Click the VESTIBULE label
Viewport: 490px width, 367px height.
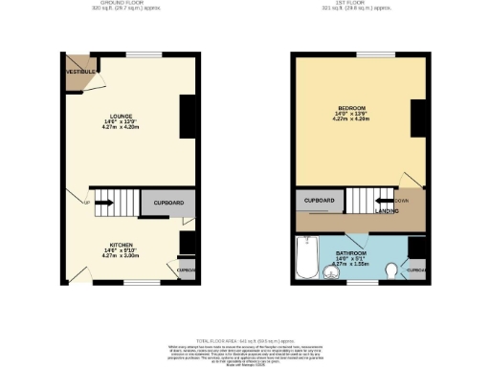tap(78, 72)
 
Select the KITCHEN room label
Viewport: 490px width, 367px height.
tap(121, 245)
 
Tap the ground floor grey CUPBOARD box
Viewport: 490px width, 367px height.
tap(168, 204)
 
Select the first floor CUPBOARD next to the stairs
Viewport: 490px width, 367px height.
tap(319, 201)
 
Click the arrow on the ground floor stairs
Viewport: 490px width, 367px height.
tap(107, 203)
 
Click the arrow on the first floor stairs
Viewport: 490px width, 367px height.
tap(382, 201)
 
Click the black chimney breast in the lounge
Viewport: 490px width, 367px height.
tap(188, 114)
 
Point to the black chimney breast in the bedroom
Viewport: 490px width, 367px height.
tap(417, 118)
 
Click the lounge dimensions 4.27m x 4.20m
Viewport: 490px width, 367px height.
tap(121, 127)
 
